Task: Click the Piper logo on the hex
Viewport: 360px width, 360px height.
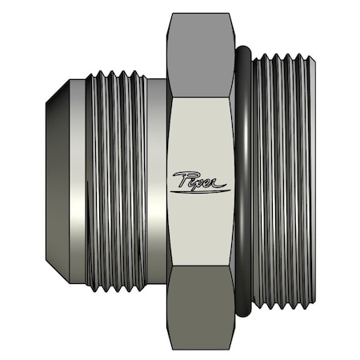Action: [200, 180]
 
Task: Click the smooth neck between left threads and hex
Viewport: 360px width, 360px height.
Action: [157, 180]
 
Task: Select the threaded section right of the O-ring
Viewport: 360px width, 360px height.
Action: [280, 180]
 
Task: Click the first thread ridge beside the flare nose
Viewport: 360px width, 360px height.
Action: [90, 180]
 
